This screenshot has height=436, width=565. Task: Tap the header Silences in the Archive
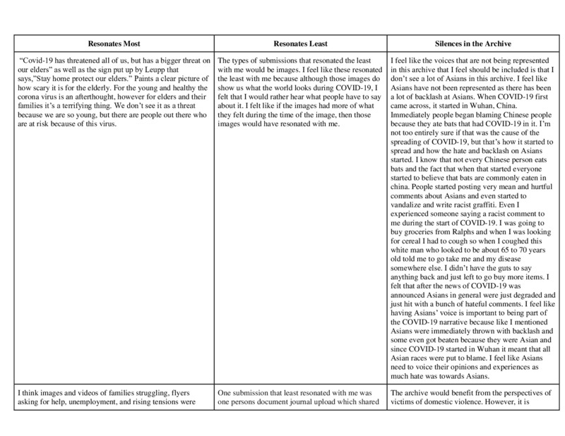[470, 44]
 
